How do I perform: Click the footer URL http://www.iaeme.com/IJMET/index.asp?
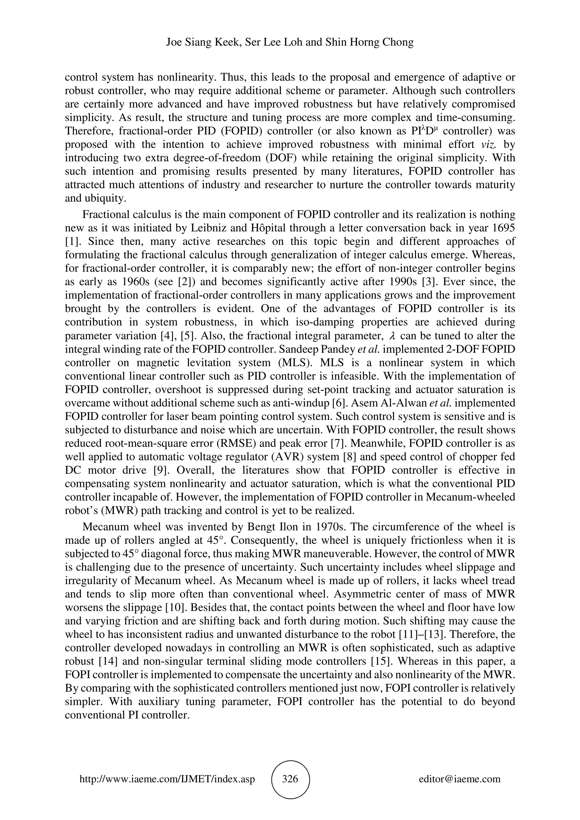tap(167, 779)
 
